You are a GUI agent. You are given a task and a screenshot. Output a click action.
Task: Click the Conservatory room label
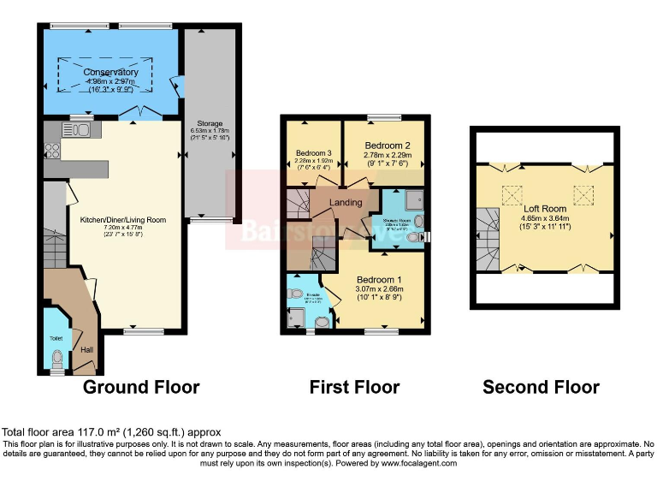click(x=110, y=72)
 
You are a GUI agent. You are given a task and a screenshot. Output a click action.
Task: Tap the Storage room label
click(x=209, y=123)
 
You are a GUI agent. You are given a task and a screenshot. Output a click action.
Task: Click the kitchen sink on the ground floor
click(x=78, y=130)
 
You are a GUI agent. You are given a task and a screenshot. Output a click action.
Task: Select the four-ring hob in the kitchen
click(x=50, y=151)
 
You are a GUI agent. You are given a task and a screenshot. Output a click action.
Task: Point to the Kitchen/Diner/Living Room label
click(x=123, y=219)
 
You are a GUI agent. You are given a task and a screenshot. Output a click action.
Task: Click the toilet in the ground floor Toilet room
click(x=57, y=365)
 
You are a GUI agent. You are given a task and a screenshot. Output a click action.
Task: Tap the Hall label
click(x=86, y=349)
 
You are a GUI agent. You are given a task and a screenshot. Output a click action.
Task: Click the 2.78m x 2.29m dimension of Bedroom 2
click(x=388, y=156)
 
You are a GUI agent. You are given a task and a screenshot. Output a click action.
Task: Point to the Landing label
click(x=346, y=202)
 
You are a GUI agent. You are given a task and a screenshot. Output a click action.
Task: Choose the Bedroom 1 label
click(x=379, y=280)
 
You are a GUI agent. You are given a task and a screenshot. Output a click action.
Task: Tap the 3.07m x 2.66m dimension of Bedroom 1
click(x=379, y=290)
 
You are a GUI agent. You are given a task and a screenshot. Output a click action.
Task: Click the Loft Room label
click(x=545, y=208)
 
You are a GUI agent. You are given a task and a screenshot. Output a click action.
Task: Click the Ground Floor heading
click(x=141, y=387)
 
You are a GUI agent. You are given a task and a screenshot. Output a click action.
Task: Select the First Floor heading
click(x=354, y=387)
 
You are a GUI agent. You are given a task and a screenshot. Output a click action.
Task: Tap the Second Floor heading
click(x=541, y=387)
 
